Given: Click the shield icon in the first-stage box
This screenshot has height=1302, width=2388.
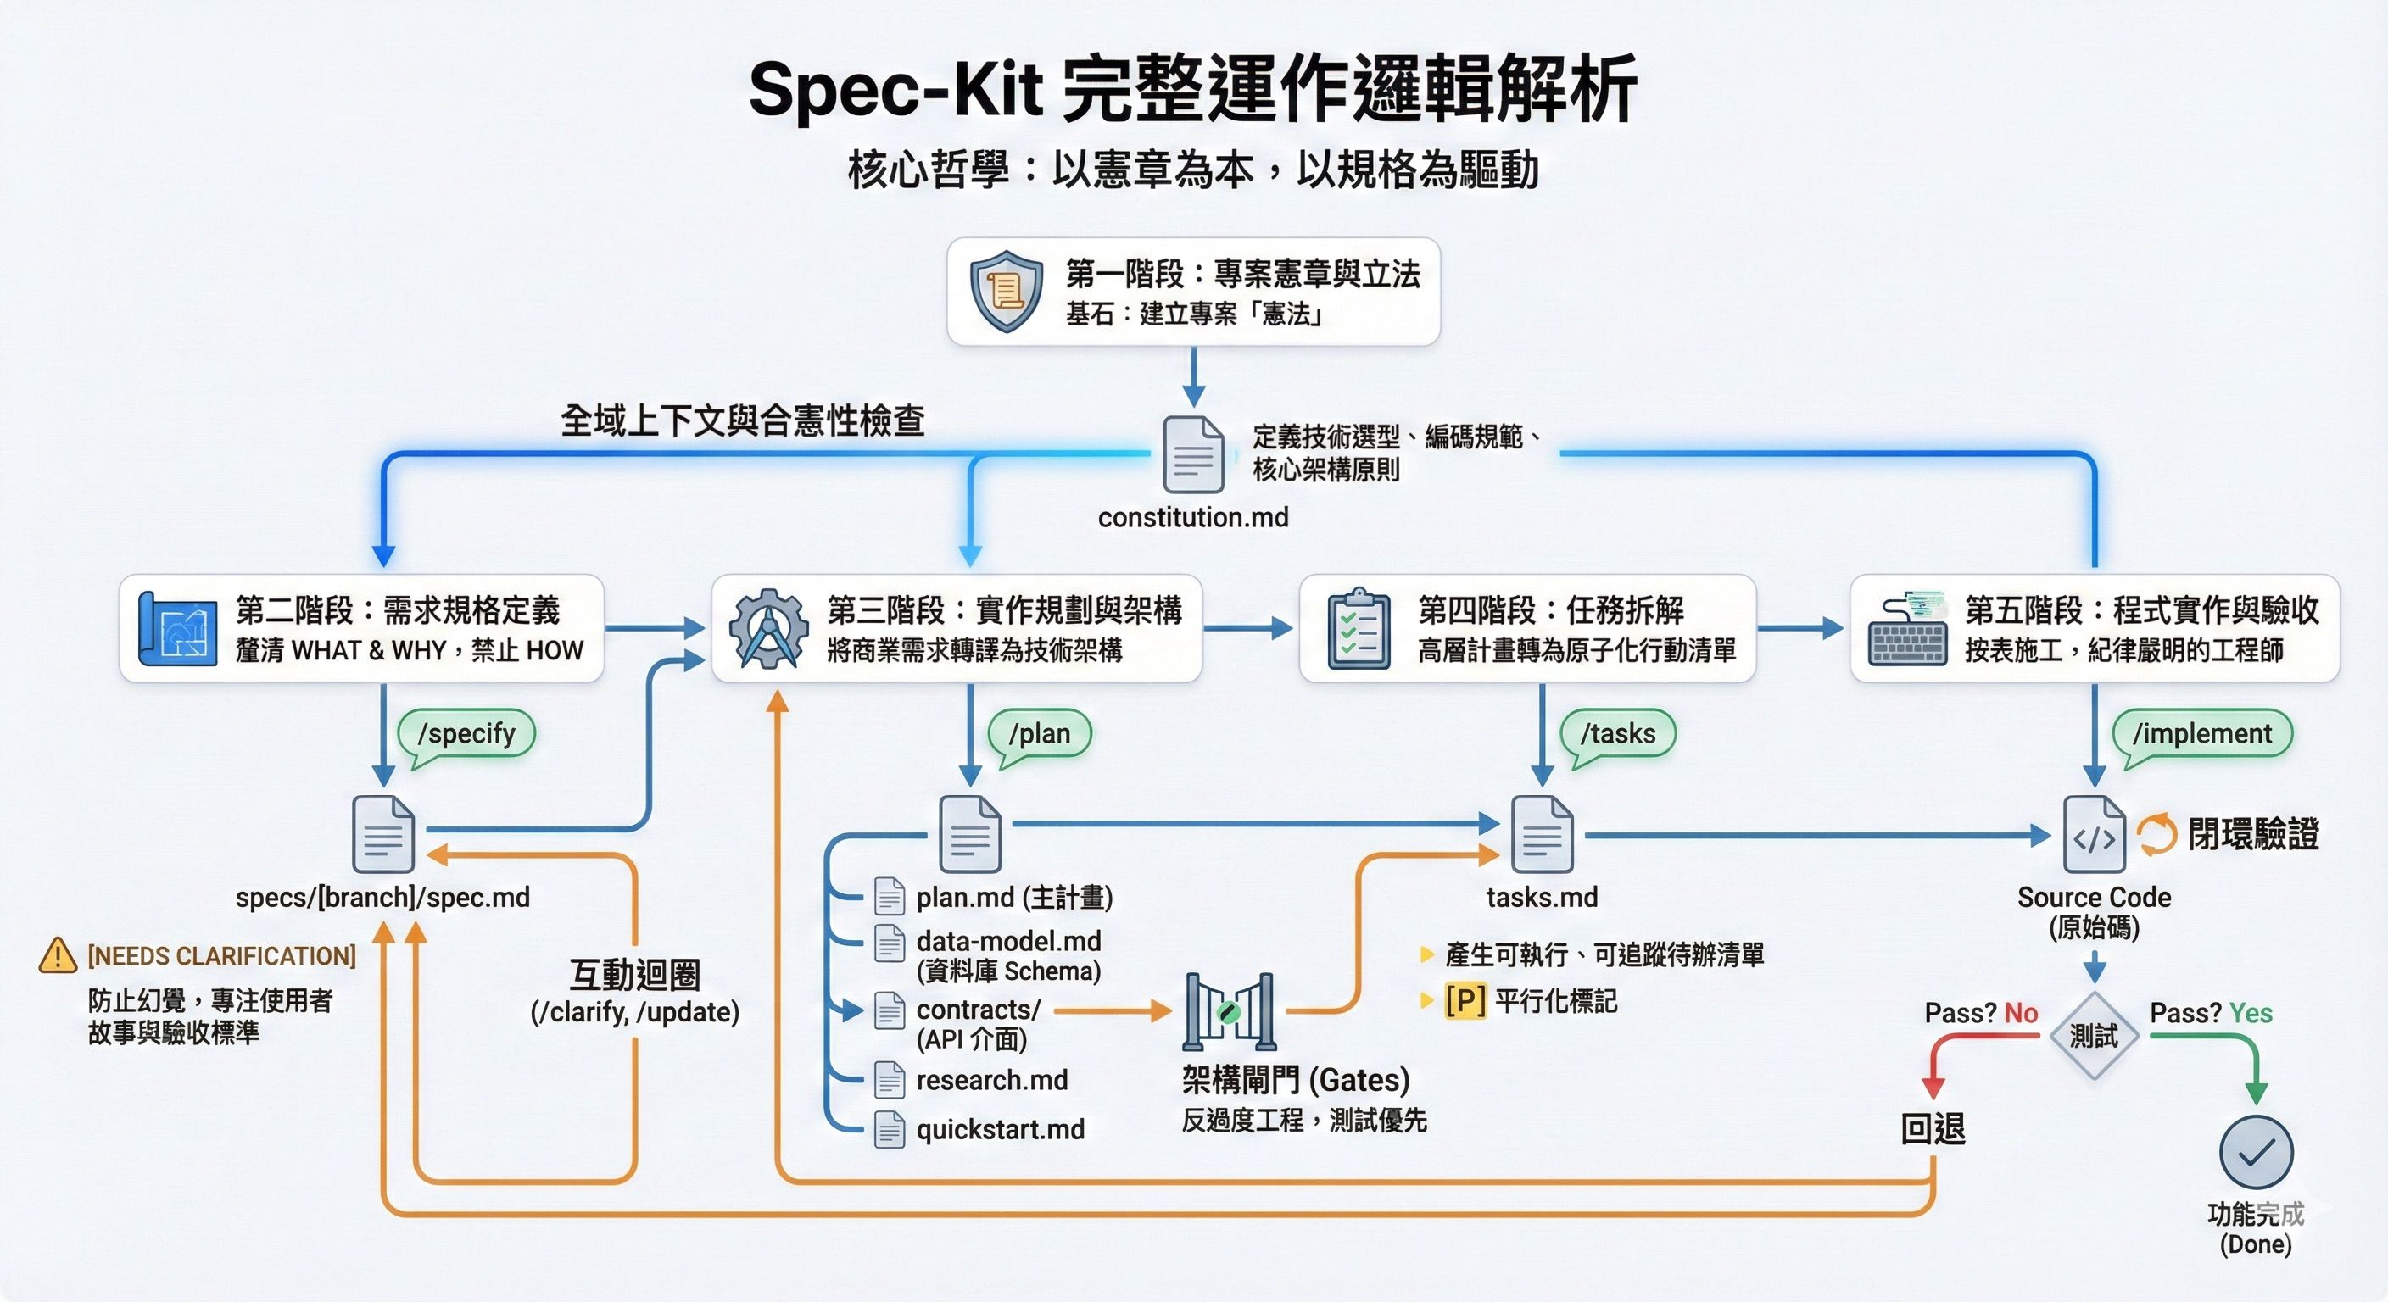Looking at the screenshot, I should coord(1006,291).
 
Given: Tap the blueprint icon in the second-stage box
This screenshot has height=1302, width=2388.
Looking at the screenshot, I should coord(177,629).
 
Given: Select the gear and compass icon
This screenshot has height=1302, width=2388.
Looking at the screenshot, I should coord(768,629).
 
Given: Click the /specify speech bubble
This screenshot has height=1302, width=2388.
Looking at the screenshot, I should coord(466,735).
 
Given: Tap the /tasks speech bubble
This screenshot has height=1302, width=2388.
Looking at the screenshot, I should coord(1619,735).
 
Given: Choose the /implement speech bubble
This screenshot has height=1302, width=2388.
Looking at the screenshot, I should coord(2201,735).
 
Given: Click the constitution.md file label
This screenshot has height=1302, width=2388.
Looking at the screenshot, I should coord(1193,517).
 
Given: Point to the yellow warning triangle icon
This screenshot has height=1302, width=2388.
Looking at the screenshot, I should coord(58,955).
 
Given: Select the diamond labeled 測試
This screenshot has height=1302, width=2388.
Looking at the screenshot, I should coord(2093,1035).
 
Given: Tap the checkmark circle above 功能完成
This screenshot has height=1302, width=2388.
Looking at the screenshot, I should coord(2256,1152).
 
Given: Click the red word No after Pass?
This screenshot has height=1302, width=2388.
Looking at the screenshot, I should coord(2021,1014).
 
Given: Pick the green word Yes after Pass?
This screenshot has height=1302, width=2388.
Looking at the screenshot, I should coord(2251,1014).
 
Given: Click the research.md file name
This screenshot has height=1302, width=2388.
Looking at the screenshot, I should coord(992,1081).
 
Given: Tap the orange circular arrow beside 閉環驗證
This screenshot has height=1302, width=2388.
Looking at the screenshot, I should coord(2156,834).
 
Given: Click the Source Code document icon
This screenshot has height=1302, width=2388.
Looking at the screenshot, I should coord(2094,834).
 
